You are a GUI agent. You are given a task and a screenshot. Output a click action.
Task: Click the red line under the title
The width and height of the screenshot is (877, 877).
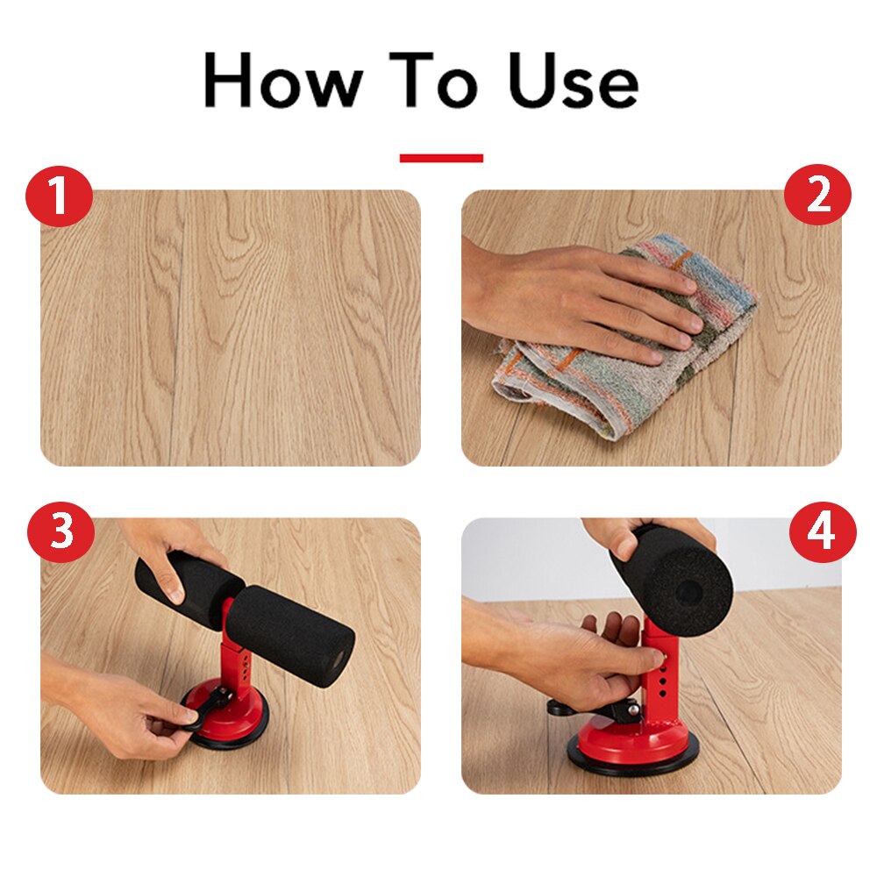[x=441, y=158]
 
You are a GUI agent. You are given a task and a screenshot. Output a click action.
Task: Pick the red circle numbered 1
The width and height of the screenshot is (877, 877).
[x=59, y=195]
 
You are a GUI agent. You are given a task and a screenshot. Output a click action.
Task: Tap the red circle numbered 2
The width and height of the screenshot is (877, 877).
[x=817, y=195]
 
